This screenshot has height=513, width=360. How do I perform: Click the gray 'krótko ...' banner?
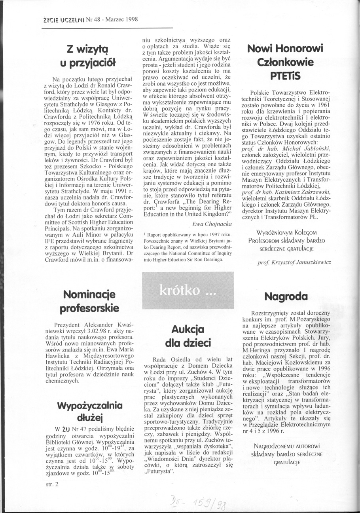(188, 291)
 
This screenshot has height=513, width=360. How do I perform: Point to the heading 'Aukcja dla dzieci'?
(188, 335)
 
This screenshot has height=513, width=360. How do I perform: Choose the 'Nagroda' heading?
(286, 296)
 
